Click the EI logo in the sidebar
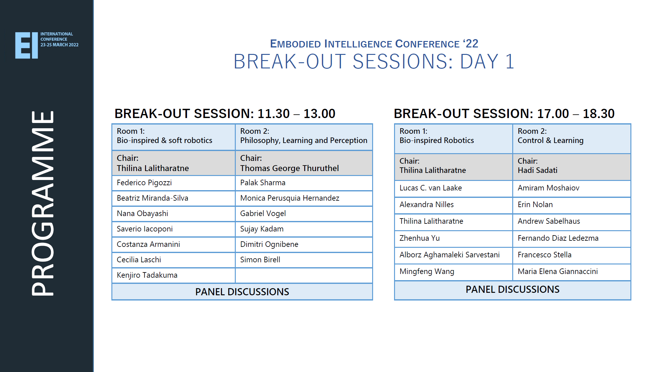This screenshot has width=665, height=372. point(27,45)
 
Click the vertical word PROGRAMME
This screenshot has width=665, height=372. point(43,203)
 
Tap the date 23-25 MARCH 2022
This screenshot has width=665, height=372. point(59,45)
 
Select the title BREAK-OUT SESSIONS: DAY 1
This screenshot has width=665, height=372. point(374,61)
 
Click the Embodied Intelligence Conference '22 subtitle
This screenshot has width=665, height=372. point(374,44)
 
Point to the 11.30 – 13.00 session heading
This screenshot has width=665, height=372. point(225,114)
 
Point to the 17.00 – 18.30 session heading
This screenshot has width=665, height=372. point(504,114)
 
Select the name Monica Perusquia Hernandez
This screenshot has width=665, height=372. point(289,198)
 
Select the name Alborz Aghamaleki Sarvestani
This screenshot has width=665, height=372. point(449,255)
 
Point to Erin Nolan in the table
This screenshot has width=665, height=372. point(535,205)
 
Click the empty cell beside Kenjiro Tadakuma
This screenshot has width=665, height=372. point(304,275)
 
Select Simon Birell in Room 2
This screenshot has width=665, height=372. point(260,260)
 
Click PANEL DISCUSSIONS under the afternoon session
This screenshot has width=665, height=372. point(512,289)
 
